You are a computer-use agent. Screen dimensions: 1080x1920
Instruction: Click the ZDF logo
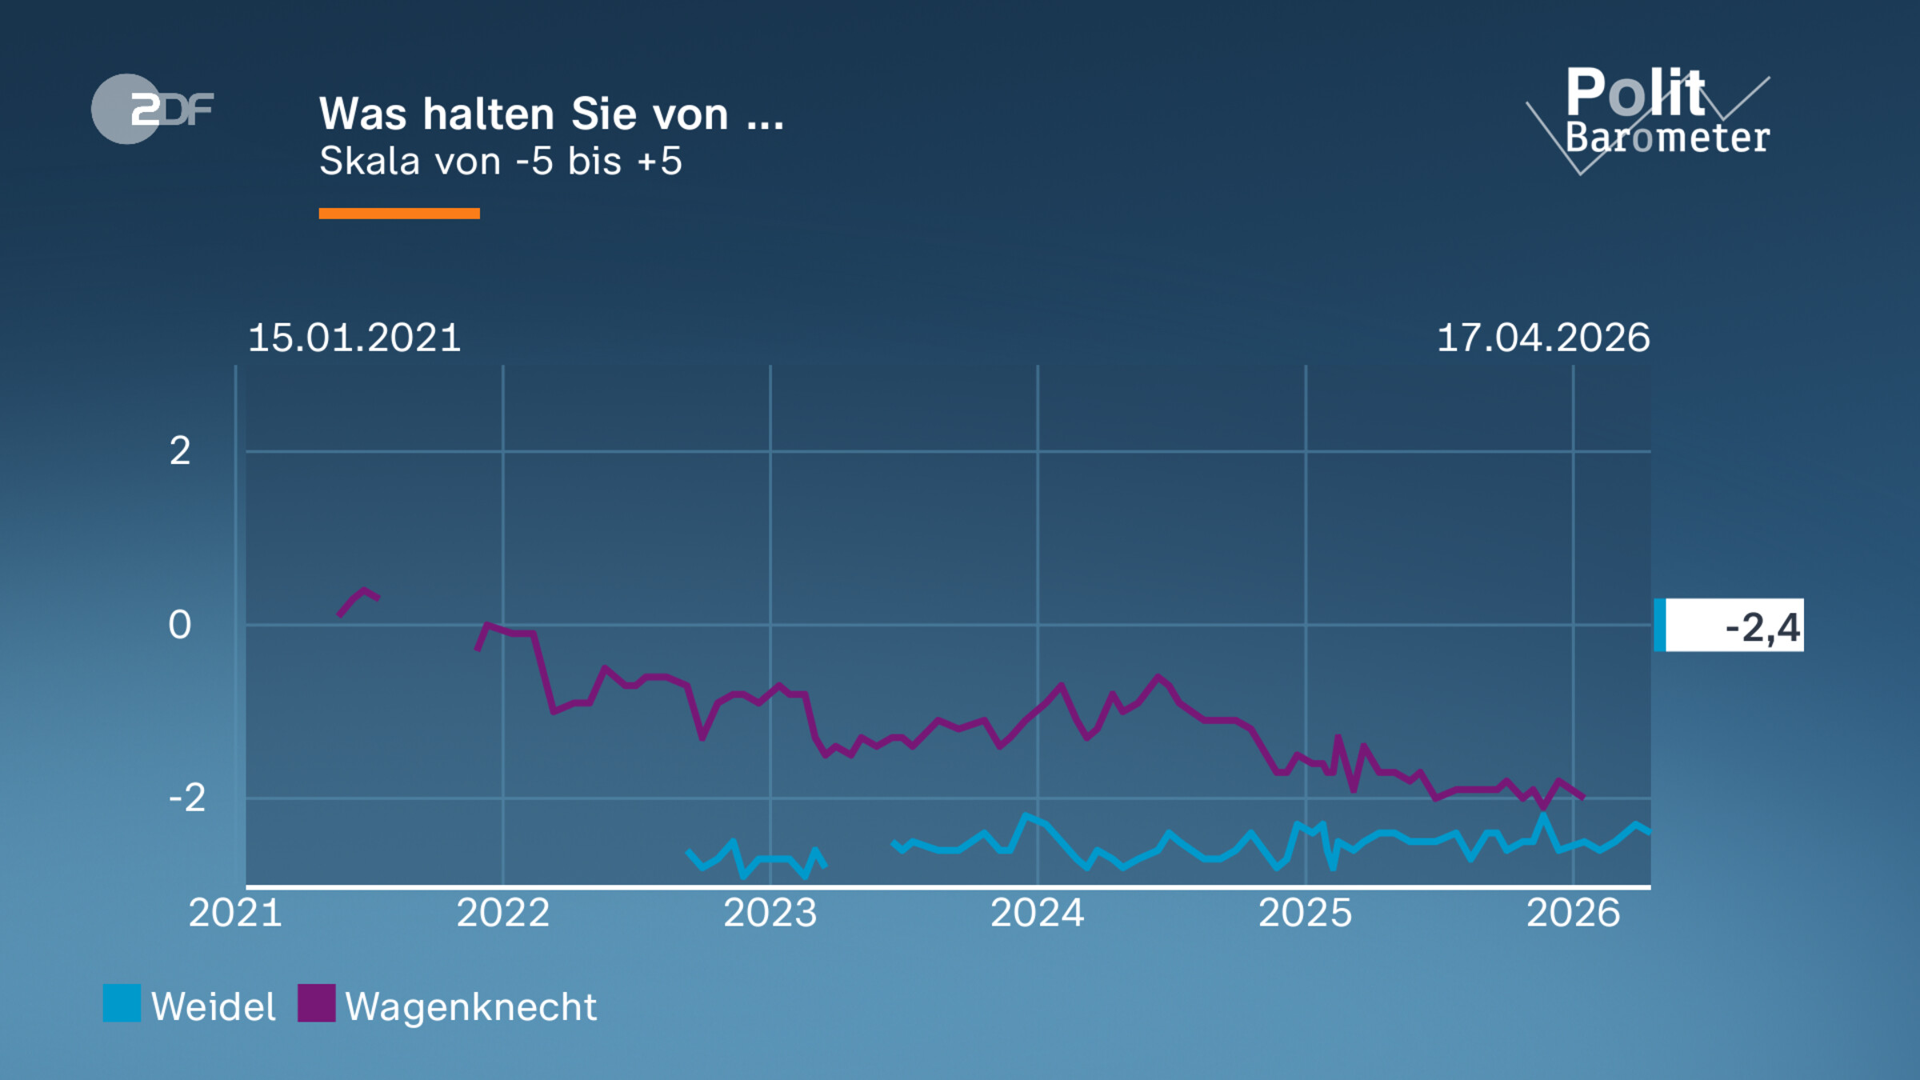coord(152,109)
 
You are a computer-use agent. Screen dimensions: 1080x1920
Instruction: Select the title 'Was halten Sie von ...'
coord(551,114)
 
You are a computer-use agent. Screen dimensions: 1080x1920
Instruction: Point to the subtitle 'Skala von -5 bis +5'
coord(500,161)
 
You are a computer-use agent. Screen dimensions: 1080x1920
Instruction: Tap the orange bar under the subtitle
coord(398,213)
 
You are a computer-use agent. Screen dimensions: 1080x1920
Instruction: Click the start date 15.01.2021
coord(354,338)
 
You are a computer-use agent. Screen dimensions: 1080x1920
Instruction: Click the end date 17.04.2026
coord(1543,338)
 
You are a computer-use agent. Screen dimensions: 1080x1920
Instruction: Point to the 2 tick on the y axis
coord(180,451)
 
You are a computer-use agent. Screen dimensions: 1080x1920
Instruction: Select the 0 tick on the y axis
coord(180,625)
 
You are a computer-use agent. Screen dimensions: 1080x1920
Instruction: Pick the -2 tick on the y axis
coord(187,798)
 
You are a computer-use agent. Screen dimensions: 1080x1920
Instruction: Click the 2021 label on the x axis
coord(235,913)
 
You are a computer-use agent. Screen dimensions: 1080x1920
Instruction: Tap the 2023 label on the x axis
coord(770,913)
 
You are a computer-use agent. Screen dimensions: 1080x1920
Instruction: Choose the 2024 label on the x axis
coord(1037,913)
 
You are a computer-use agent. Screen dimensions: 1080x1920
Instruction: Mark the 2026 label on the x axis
coord(1573,913)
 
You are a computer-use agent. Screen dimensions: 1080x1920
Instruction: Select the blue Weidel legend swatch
coord(122,1003)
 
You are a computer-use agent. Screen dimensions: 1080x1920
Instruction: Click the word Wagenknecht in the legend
coord(470,1006)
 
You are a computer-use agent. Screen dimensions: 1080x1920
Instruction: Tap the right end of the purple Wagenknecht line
coord(1583,797)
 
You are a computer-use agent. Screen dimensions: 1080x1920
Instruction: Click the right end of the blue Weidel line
coord(1648,832)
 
